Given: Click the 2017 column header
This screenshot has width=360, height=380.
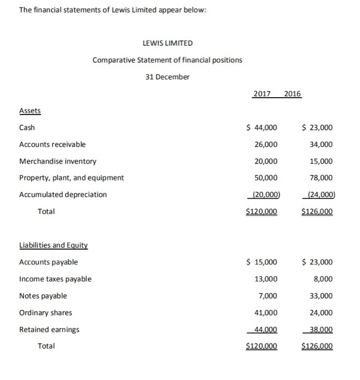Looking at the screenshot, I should coord(262,94).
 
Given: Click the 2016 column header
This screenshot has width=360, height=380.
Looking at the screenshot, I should coord(292,94).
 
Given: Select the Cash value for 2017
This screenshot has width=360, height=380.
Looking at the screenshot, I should coord(262,128).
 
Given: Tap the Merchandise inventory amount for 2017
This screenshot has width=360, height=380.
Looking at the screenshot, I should coord(266,161).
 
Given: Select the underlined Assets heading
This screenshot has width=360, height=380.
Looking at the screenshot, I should coord(30,111).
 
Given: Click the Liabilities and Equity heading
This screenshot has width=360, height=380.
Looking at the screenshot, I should coord(53,245).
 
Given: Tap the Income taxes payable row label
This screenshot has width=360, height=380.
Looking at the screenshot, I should coord(55,279).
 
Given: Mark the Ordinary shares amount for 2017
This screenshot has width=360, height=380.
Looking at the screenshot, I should coord(266,313).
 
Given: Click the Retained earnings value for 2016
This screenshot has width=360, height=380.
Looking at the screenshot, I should coord(320,329).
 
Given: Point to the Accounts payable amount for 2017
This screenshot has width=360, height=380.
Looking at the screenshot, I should coord(262,262).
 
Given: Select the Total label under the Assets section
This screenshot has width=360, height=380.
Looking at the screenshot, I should coord(46,211).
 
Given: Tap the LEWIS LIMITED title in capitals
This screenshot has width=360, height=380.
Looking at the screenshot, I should coord(168,43).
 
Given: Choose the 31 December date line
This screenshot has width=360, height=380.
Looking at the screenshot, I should coord(168,77).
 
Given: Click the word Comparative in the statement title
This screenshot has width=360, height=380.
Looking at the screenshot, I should coord(112,60).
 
